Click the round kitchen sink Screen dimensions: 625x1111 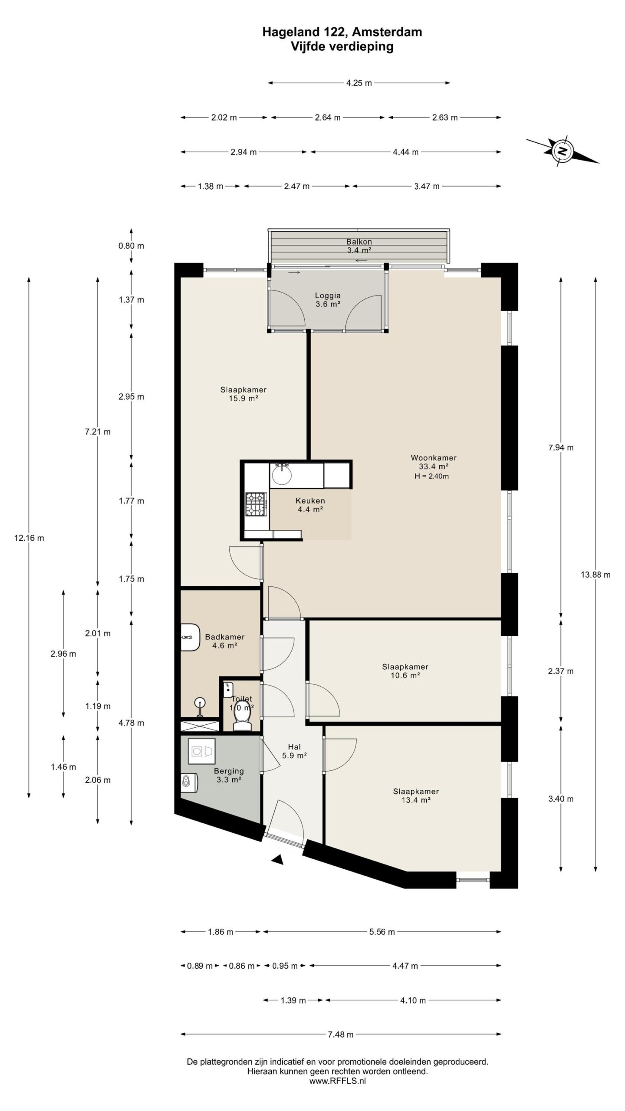[x=282, y=474]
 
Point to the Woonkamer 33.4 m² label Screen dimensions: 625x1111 [x=433, y=462]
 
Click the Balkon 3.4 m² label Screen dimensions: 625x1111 [x=359, y=246]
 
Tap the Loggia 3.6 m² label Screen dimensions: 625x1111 [x=328, y=300]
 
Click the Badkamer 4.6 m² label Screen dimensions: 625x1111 [x=225, y=641]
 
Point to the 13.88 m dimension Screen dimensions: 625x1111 [x=595, y=575]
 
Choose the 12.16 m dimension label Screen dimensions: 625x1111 [x=29, y=538]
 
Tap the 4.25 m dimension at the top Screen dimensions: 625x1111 [x=359, y=83]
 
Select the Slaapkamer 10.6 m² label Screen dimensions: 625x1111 [x=405, y=671]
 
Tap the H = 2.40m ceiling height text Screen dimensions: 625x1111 [x=431, y=476]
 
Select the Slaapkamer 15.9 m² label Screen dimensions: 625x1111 [x=243, y=394]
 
